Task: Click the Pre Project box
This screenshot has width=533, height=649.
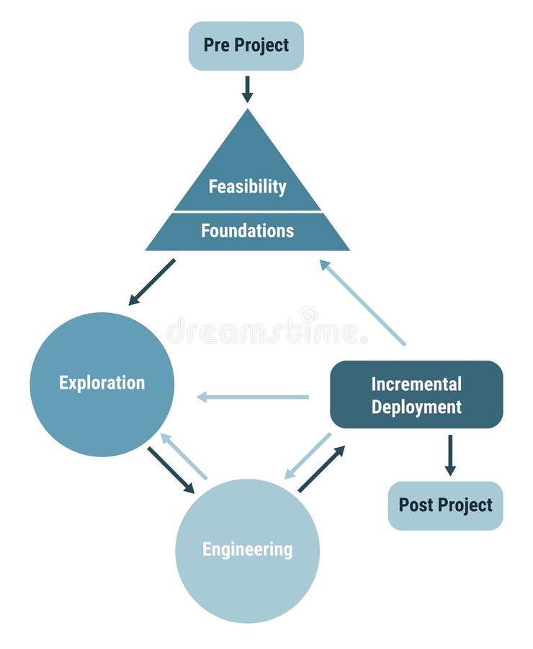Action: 246,45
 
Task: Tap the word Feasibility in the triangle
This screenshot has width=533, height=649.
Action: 247,187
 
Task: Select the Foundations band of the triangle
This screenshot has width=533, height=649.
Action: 247,231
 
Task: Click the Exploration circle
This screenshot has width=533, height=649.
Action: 102,384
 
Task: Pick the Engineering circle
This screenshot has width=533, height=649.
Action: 247,550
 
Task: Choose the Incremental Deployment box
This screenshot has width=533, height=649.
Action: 416,394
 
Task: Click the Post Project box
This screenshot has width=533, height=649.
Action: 445,505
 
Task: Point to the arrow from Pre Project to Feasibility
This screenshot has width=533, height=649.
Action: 247,89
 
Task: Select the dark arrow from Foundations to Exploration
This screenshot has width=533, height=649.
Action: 152,281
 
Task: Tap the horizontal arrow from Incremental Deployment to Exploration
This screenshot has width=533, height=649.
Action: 253,397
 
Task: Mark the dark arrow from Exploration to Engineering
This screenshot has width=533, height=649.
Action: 171,470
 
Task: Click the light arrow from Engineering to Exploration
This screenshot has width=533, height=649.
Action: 184,456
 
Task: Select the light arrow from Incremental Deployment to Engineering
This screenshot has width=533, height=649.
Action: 308,456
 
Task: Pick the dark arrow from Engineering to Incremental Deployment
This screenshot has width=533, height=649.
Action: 321,469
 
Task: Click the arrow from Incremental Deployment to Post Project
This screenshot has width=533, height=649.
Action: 450,454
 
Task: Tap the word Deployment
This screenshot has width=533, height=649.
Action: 416,407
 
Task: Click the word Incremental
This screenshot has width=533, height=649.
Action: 416,384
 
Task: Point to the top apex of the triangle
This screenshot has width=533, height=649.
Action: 247,112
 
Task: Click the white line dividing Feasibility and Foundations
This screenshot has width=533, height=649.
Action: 247,212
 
